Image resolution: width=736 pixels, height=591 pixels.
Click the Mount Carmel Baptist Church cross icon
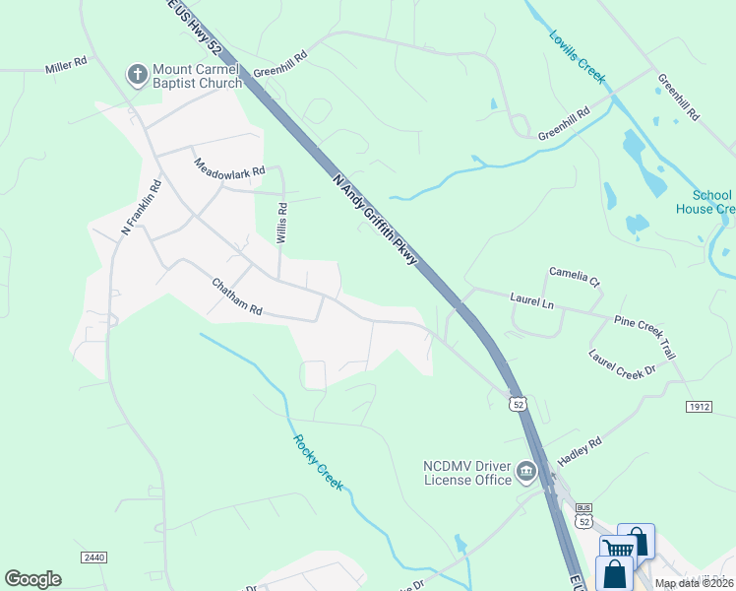click(136, 74)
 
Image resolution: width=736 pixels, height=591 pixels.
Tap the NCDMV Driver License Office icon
click(526, 472)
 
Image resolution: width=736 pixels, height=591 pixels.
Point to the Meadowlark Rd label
click(229, 167)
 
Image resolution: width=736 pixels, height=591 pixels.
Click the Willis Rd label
click(282, 224)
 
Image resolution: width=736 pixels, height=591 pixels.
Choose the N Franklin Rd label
click(140, 207)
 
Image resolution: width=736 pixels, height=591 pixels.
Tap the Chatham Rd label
click(237, 295)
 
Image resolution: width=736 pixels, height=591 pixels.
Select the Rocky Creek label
click(317, 463)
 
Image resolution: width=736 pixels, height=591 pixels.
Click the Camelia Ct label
click(574, 276)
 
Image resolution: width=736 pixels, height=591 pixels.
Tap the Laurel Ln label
click(532, 299)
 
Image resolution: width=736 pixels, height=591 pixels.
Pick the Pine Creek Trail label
click(645, 335)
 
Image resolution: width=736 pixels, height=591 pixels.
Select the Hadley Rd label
click(580, 449)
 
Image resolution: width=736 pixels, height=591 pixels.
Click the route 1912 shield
click(699, 406)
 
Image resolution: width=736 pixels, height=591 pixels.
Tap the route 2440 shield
click(94, 558)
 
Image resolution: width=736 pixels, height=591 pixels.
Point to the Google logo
click(32, 579)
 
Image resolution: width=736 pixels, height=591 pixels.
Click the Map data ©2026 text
click(694, 583)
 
